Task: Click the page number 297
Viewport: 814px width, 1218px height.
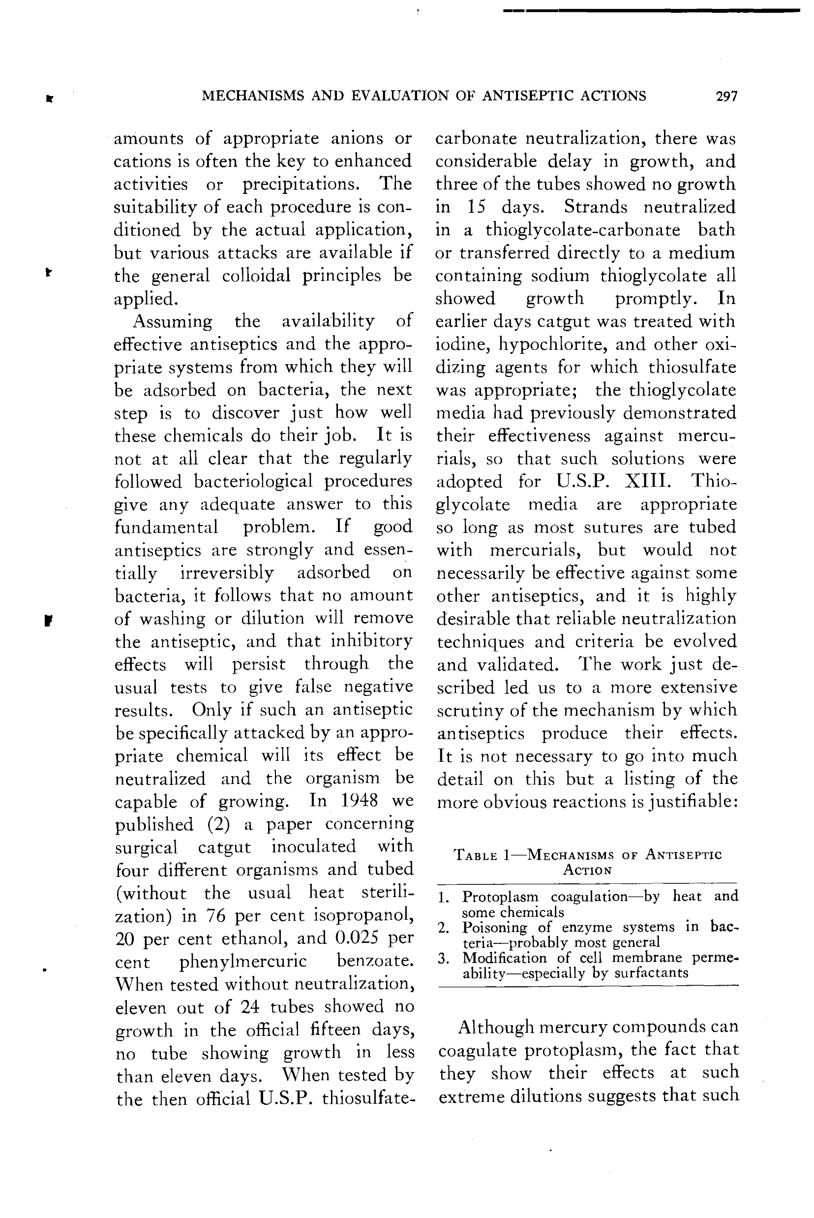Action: [x=726, y=96]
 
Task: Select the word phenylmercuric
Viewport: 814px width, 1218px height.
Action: [x=243, y=962]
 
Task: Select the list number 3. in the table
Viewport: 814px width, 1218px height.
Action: [x=443, y=958]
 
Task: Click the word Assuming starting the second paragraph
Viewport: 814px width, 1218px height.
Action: [x=172, y=321]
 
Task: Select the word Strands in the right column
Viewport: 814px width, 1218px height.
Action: [x=596, y=207]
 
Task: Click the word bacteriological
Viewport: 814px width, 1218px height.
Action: [x=253, y=481]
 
